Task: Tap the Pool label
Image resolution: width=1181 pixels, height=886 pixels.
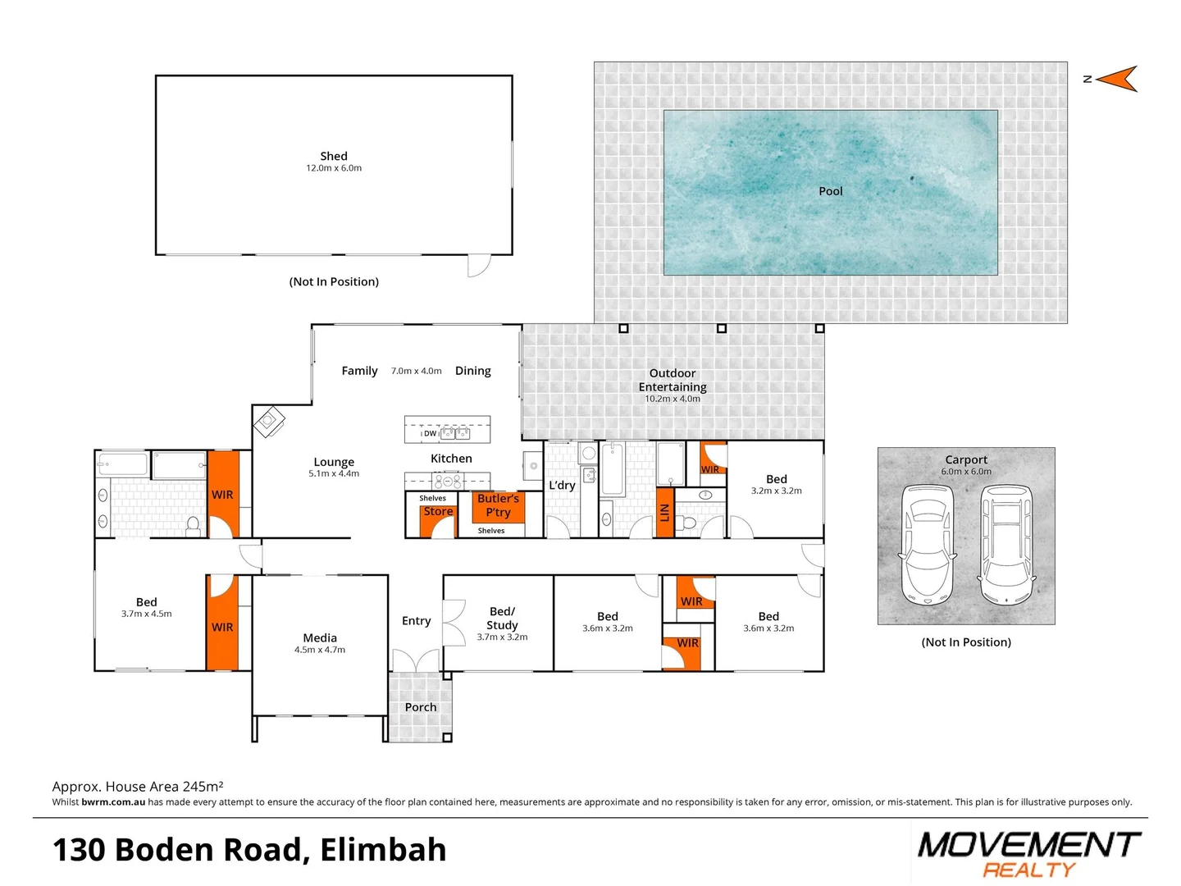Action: (830, 191)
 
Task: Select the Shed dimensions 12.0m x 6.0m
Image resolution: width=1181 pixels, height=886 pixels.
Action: (334, 168)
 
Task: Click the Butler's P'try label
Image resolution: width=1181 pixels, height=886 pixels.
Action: (498, 505)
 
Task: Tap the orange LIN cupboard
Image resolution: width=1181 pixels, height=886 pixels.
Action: (665, 513)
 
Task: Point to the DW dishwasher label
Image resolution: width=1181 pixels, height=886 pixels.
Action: (430, 433)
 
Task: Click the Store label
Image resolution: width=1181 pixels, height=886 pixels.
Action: (438, 511)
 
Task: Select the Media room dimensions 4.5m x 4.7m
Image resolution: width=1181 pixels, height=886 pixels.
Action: (320, 650)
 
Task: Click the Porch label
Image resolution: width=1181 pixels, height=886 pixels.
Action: (421, 707)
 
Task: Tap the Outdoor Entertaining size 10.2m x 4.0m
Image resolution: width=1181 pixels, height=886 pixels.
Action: (673, 399)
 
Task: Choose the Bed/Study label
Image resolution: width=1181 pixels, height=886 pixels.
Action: (502, 618)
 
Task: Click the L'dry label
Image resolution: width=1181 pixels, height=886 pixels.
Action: (562, 485)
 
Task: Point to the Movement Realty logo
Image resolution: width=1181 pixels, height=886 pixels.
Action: (1028, 854)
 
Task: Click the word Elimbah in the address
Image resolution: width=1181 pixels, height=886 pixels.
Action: (383, 850)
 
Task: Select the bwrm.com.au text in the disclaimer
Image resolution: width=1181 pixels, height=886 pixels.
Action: (113, 802)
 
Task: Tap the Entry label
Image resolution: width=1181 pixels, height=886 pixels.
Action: (416, 621)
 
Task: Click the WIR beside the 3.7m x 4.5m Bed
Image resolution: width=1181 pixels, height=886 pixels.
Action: (222, 627)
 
